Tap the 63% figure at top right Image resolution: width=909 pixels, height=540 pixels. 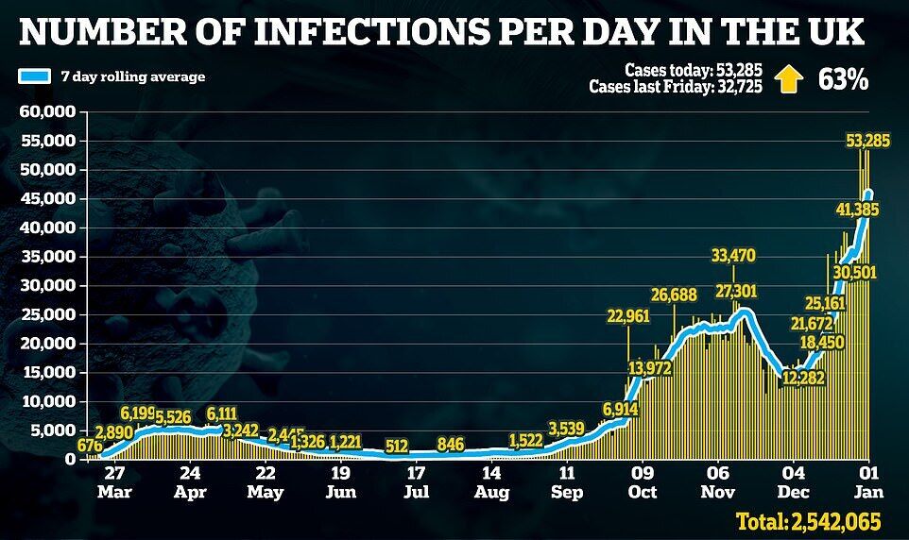(843, 80)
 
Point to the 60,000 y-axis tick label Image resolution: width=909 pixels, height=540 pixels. (46, 112)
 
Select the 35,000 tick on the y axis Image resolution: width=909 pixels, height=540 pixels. (46, 257)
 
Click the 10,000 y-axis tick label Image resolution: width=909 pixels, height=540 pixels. (46, 401)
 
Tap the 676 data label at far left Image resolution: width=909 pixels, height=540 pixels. (89, 447)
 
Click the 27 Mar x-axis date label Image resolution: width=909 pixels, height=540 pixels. (114, 482)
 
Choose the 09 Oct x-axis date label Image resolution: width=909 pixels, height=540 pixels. (642, 482)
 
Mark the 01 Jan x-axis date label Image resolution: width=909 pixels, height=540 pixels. (868, 482)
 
